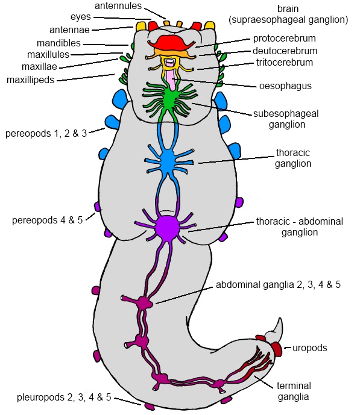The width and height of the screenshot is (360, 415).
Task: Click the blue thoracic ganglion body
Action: (168, 161)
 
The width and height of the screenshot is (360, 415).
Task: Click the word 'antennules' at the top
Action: (118, 6)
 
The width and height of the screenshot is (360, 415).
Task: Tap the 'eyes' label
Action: (81, 17)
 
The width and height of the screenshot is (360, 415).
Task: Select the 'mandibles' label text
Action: (58, 43)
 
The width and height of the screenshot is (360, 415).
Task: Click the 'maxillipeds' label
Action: (30, 80)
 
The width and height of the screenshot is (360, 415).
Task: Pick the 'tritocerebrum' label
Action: (284, 63)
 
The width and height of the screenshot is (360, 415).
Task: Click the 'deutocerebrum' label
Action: (285, 51)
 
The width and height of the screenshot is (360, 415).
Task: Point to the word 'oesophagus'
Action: (285, 86)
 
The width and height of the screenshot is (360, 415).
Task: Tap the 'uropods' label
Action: (309, 348)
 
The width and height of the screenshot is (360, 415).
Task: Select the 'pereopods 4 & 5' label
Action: (48, 220)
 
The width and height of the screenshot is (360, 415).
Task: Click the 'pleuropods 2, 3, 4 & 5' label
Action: (64, 398)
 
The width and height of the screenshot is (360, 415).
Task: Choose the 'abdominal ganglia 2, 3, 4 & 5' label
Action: (278, 285)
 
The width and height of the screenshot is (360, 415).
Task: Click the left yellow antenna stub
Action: (141, 27)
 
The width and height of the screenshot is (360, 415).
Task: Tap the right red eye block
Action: (197, 27)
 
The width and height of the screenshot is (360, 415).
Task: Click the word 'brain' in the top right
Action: (288, 8)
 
